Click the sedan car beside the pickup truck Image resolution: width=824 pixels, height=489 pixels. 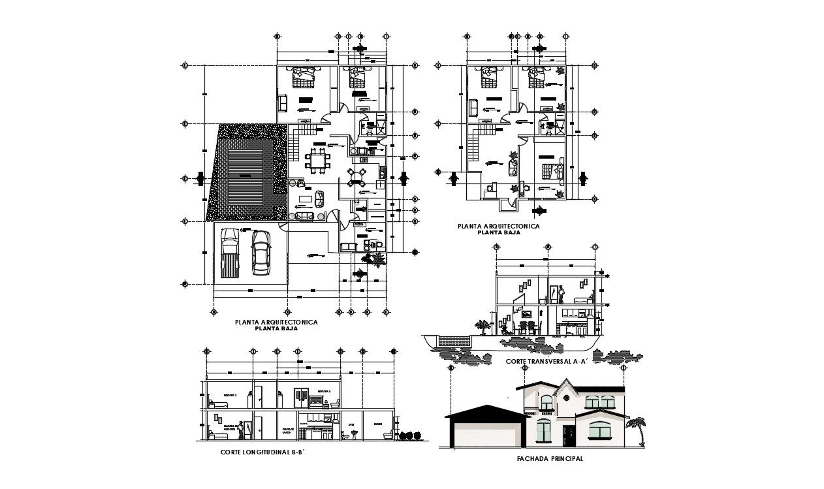261,253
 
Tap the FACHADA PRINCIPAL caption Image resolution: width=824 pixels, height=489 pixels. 549,459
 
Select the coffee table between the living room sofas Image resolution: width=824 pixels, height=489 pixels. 305,198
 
